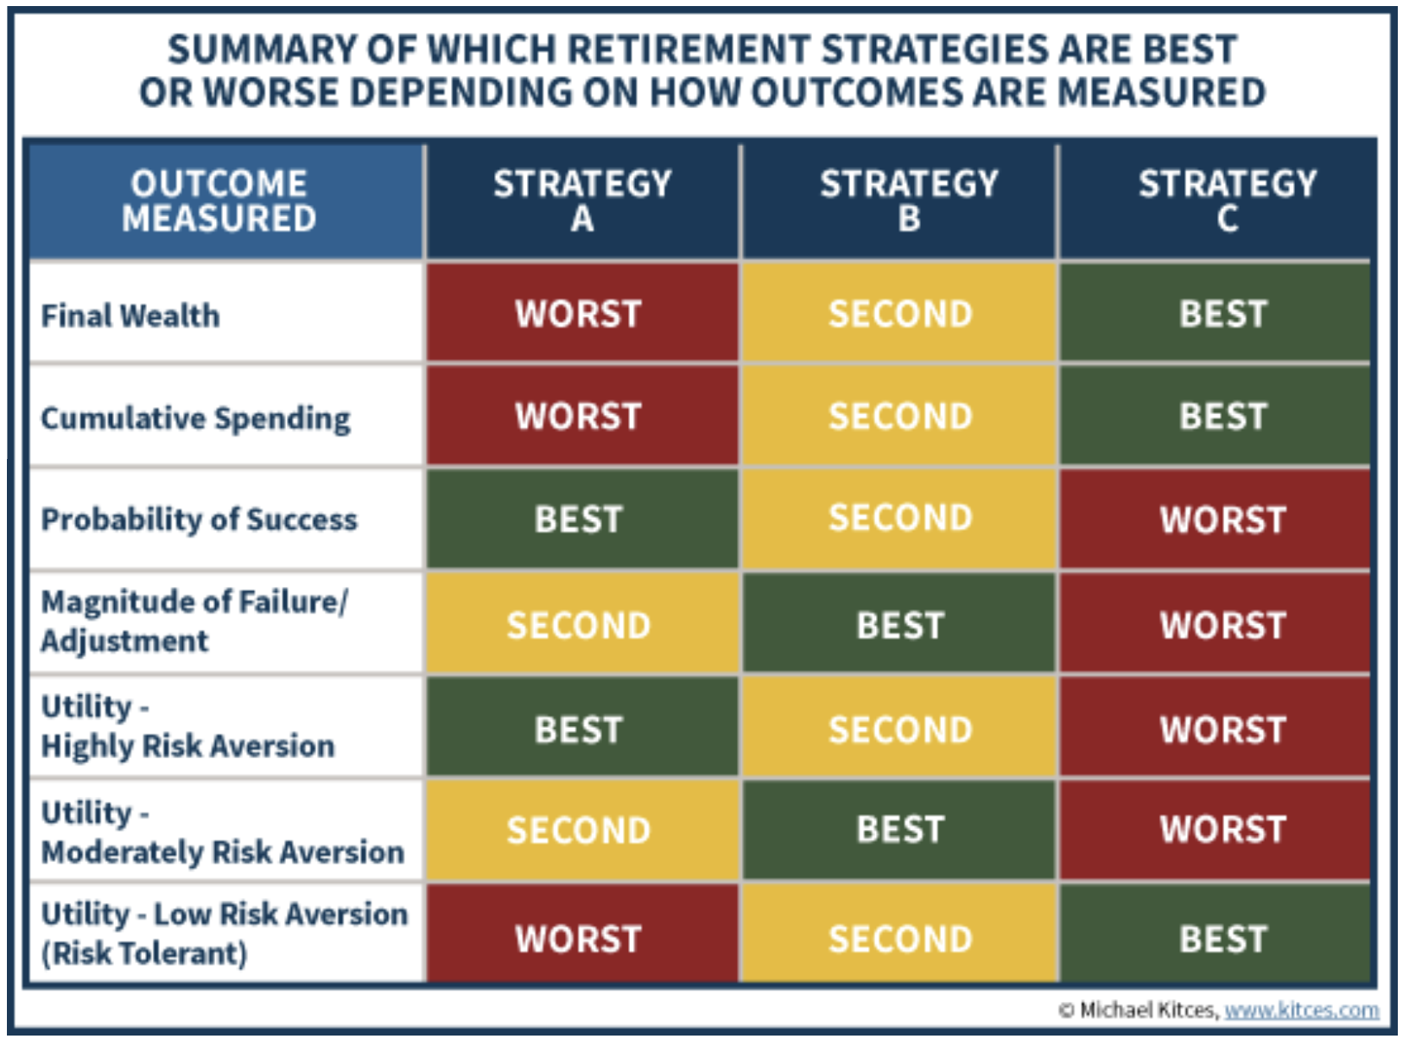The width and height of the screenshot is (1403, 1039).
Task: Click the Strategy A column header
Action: click(x=582, y=201)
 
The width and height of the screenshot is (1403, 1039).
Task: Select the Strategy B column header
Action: click(x=898, y=201)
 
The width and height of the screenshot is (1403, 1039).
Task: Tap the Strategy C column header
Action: click(x=1217, y=201)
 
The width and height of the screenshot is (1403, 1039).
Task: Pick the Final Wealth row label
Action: click(x=130, y=315)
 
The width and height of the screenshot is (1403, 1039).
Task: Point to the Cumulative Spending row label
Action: click(x=195, y=418)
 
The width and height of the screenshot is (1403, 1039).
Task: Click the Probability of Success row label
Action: click(x=200, y=519)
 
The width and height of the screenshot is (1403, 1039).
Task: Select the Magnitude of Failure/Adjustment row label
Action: click(x=195, y=621)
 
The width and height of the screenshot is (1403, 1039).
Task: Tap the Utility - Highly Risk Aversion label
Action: click(x=187, y=725)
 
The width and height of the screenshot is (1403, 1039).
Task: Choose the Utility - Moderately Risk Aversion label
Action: click(x=223, y=832)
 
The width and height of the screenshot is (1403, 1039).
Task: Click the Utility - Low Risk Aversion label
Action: click(x=225, y=934)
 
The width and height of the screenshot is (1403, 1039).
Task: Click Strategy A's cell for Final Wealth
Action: click(x=582, y=313)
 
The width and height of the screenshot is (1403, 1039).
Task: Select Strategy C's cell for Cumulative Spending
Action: click(x=1216, y=416)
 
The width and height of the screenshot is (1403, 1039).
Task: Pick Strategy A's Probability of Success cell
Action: click(x=582, y=519)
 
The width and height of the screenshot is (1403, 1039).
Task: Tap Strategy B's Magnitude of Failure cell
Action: click(x=898, y=622)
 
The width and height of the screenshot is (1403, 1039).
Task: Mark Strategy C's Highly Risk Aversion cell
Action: click(x=1216, y=726)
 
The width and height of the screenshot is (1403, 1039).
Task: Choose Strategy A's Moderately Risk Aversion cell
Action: click(x=582, y=830)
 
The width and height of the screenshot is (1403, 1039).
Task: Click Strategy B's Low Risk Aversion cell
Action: click(x=898, y=934)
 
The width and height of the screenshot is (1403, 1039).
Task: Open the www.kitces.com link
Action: click(x=1302, y=1010)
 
